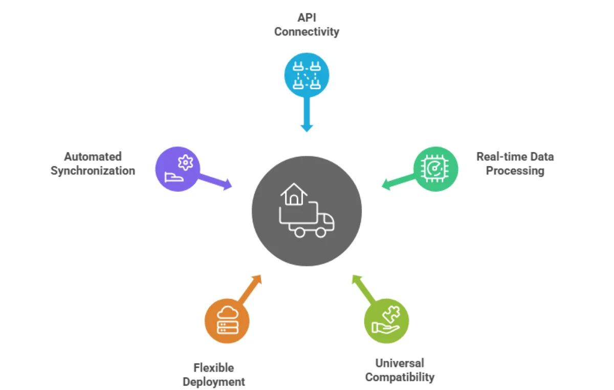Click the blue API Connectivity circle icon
tap(306, 75)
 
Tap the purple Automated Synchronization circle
tap(178, 170)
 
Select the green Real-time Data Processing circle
tap(435, 169)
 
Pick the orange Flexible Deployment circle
tap(227, 321)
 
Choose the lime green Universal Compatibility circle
tap(386, 321)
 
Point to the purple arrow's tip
tap(229, 186)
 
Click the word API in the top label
tap(306, 17)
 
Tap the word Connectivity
tap(306, 32)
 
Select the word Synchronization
tap(93, 171)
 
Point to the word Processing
tap(515, 171)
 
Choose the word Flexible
tap(213, 367)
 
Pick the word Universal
tap(400, 363)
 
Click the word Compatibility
tap(400, 378)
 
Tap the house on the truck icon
tap(294, 195)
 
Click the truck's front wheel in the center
tap(320, 232)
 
